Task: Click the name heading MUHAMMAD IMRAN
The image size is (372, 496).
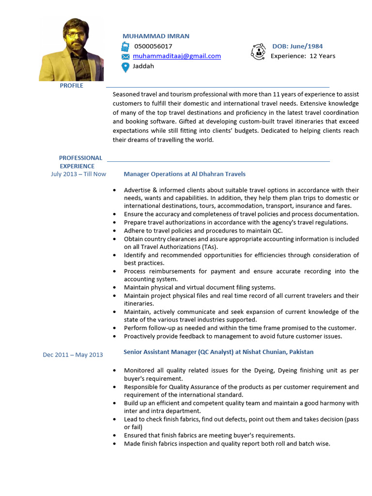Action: pos(155,36)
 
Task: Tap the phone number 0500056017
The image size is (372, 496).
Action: pos(153,46)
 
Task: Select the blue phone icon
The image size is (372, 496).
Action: pos(125,46)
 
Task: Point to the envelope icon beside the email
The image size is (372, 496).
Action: pos(125,57)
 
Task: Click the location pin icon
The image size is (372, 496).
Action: pos(125,67)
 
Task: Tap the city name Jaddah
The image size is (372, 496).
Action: pos(143,66)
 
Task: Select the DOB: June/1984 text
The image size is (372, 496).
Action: pos(297,46)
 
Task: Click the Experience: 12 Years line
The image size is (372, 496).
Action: pos(303,56)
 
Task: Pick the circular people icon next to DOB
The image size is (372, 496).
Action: pos(258,51)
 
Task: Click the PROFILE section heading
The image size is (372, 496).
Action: pos(71,86)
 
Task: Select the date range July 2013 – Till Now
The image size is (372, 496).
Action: pos(78,174)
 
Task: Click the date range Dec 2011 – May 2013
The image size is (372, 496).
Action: pos(73,355)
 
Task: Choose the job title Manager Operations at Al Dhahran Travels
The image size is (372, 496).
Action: pos(185,174)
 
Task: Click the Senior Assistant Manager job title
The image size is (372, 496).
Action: pos(218,352)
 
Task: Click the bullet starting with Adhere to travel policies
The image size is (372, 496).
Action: pos(203,231)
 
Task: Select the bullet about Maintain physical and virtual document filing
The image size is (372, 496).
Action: pos(200,287)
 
